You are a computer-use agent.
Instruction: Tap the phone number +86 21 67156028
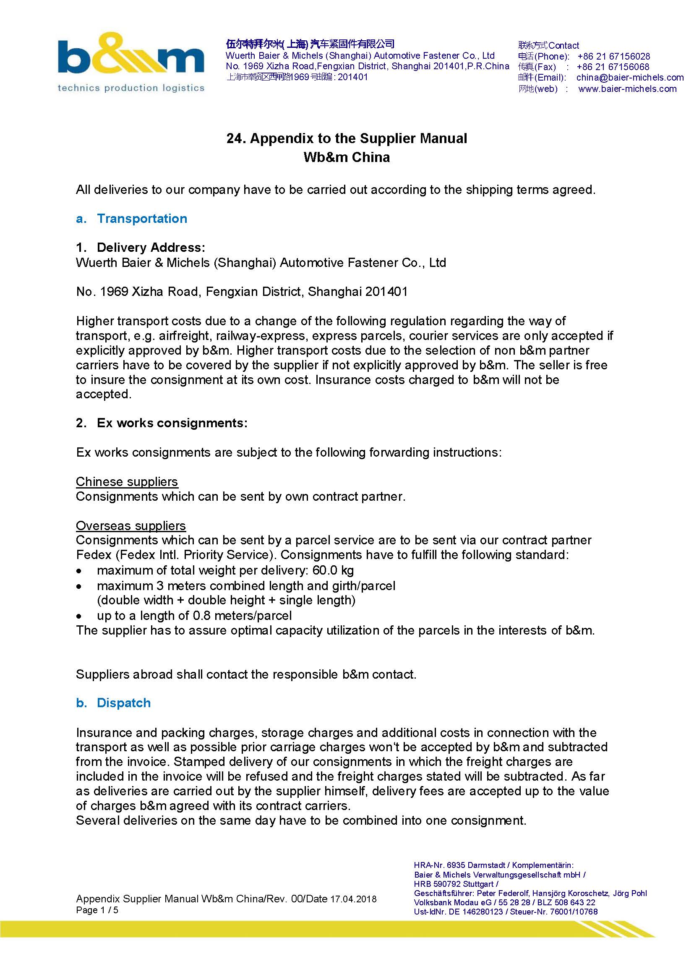point(613,56)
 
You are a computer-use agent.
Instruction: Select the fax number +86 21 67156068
point(612,67)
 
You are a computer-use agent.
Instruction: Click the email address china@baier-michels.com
point(629,78)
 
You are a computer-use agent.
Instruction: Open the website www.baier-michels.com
point(627,89)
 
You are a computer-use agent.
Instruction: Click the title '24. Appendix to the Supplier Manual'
point(347,138)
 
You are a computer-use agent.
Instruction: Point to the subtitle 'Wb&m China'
point(347,157)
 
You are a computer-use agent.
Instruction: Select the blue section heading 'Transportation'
point(142,218)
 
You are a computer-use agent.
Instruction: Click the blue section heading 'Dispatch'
point(123,703)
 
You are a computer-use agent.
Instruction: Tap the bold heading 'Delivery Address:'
point(151,248)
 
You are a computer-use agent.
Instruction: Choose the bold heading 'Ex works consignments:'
point(172,423)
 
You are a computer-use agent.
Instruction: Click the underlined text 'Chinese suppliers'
point(126,482)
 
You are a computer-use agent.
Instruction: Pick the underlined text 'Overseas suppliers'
point(131,526)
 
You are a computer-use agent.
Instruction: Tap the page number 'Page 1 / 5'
point(97,910)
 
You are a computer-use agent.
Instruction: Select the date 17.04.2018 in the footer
point(353,899)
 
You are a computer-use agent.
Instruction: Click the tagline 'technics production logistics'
point(131,88)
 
